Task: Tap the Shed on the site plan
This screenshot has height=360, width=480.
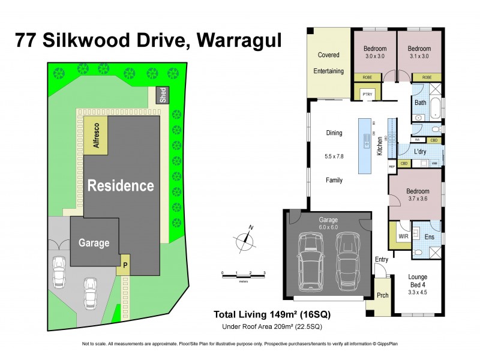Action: click(x=162, y=96)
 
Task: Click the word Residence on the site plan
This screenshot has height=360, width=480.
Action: click(x=121, y=185)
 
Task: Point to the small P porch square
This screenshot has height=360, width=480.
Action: click(x=125, y=265)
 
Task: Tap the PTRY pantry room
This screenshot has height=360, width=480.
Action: click(x=367, y=95)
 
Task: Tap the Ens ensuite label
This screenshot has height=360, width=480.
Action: click(x=428, y=238)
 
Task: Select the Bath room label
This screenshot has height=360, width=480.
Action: click(x=420, y=103)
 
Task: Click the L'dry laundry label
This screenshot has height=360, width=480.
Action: click(x=420, y=152)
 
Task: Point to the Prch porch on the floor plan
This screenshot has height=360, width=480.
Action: click(x=382, y=295)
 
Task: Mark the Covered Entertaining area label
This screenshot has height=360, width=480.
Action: click(x=328, y=63)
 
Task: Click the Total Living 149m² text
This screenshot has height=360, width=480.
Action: click(x=272, y=314)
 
